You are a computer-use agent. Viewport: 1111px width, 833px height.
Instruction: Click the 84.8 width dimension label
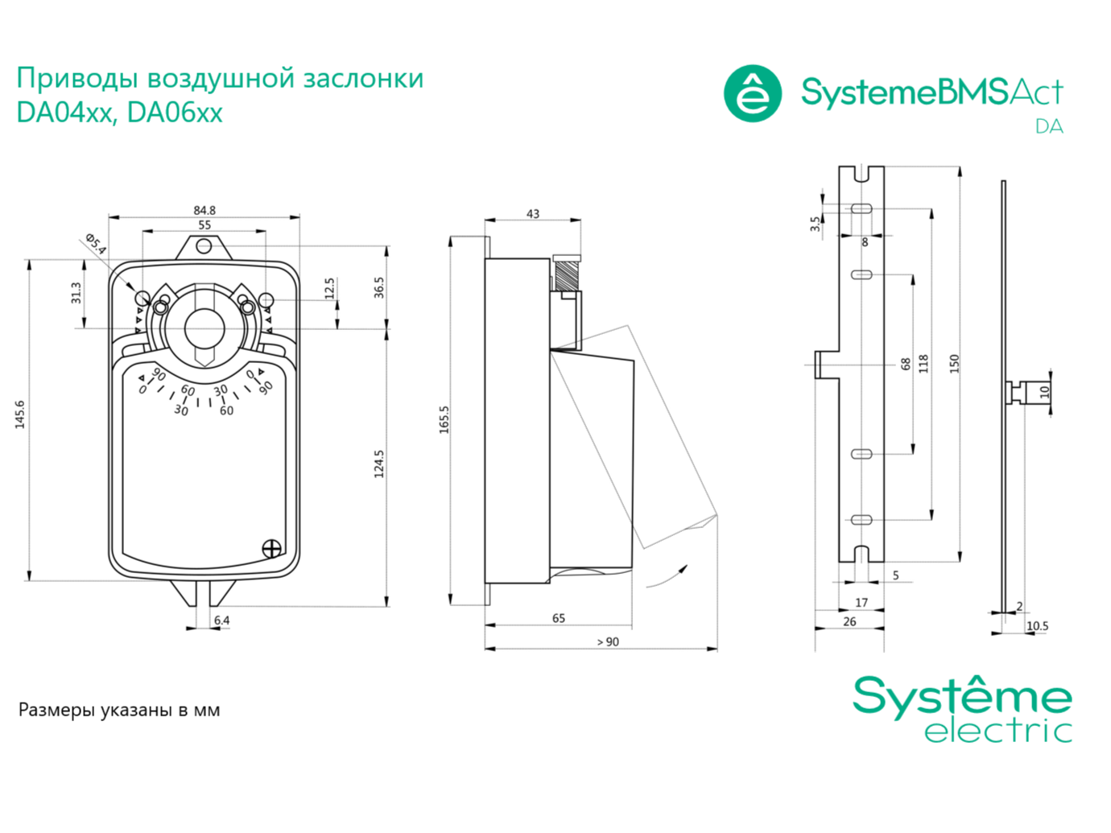point(204,210)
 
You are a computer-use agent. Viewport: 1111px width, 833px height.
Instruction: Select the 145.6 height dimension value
point(20,414)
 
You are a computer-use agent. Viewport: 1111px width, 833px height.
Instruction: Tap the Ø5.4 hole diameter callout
point(95,244)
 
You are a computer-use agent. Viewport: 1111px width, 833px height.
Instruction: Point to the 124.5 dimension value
point(379,464)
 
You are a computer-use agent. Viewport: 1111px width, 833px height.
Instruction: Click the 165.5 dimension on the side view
point(444,420)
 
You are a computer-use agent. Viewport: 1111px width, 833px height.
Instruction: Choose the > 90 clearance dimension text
point(608,641)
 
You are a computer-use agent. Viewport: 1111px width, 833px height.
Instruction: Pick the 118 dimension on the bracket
point(923,364)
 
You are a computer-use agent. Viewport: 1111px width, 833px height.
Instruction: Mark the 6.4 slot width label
point(221,620)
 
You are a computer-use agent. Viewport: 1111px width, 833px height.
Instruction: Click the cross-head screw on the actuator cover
point(271,549)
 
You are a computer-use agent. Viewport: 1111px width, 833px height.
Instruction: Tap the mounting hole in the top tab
point(204,247)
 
